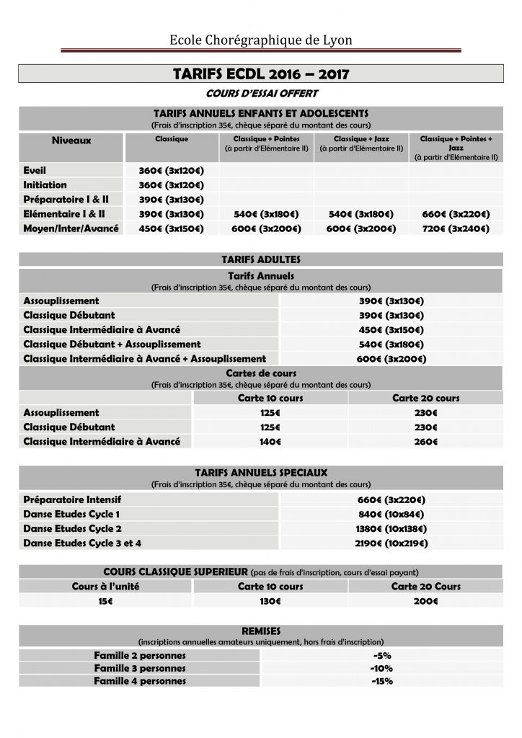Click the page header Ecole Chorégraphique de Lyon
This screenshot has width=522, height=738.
[261, 40]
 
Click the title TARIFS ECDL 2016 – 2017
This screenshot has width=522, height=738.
[261, 74]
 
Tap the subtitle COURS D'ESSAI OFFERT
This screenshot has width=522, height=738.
[261, 94]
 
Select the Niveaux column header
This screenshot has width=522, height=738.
[71, 141]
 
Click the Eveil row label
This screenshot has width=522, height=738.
[35, 171]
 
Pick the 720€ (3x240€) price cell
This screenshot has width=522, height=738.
[455, 228]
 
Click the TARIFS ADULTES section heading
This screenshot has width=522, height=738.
[261, 259]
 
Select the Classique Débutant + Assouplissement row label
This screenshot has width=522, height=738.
[112, 344]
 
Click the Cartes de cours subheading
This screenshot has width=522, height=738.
[261, 374]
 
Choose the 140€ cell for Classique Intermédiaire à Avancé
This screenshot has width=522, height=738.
[270, 441]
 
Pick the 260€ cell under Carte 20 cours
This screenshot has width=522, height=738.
[425, 441]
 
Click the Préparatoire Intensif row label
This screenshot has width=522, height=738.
[72, 499]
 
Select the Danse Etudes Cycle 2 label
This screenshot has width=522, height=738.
[71, 528]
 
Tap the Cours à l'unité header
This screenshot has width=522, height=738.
[105, 587]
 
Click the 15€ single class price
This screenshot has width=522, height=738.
[105, 601]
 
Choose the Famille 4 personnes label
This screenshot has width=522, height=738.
[140, 681]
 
